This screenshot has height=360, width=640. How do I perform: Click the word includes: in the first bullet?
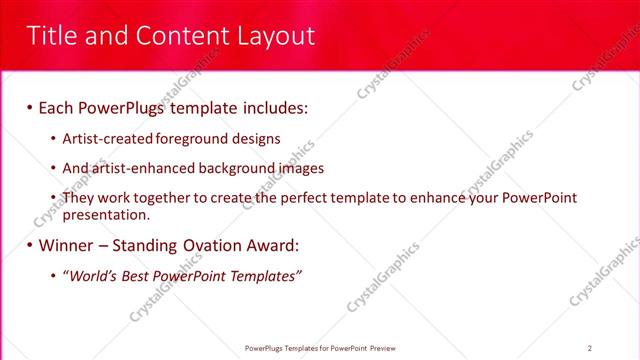pyautogui.click(x=270, y=106)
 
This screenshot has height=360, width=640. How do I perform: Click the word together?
pyautogui.click(x=161, y=199)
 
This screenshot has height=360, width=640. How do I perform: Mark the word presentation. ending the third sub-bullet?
pyautogui.click(x=106, y=214)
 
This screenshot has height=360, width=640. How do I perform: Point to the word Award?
pyautogui.click(x=272, y=245)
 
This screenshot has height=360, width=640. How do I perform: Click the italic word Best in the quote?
pyautogui.click(x=136, y=276)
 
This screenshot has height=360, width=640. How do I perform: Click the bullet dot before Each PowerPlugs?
pyautogui.click(x=29, y=107)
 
